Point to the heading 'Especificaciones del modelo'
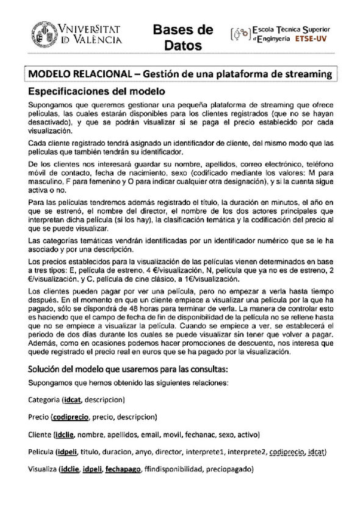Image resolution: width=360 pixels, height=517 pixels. [x=97, y=92]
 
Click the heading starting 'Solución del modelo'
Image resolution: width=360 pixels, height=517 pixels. [x=128, y=369]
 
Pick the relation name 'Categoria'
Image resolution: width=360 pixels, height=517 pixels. [x=44, y=399]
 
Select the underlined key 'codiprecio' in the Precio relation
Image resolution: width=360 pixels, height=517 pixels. [x=71, y=417]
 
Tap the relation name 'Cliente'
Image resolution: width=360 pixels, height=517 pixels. [x=40, y=435]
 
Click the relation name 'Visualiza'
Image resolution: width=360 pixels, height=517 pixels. [x=43, y=470]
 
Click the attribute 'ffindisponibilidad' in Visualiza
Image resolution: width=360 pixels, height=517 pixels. [x=173, y=470]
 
